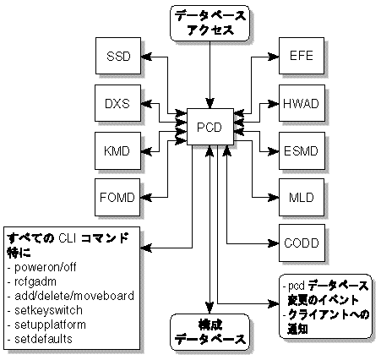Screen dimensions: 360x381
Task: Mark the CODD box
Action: [x=301, y=243]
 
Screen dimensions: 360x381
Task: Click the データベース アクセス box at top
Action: [x=209, y=23]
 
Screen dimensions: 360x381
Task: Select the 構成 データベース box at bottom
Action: [x=209, y=330]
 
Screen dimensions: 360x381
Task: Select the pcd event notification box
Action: [x=325, y=307]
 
